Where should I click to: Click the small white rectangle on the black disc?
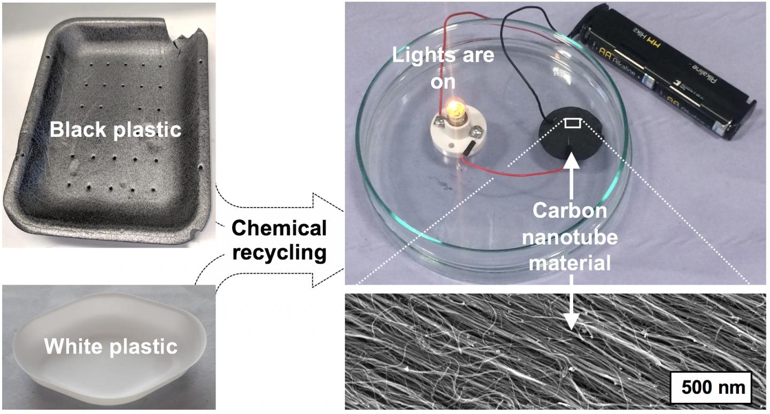pos(572,124)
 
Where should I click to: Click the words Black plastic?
pos(115,129)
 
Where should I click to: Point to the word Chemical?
pos(279,228)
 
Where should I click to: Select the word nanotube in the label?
pos(570,236)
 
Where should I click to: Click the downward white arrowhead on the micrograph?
pos(571,320)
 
